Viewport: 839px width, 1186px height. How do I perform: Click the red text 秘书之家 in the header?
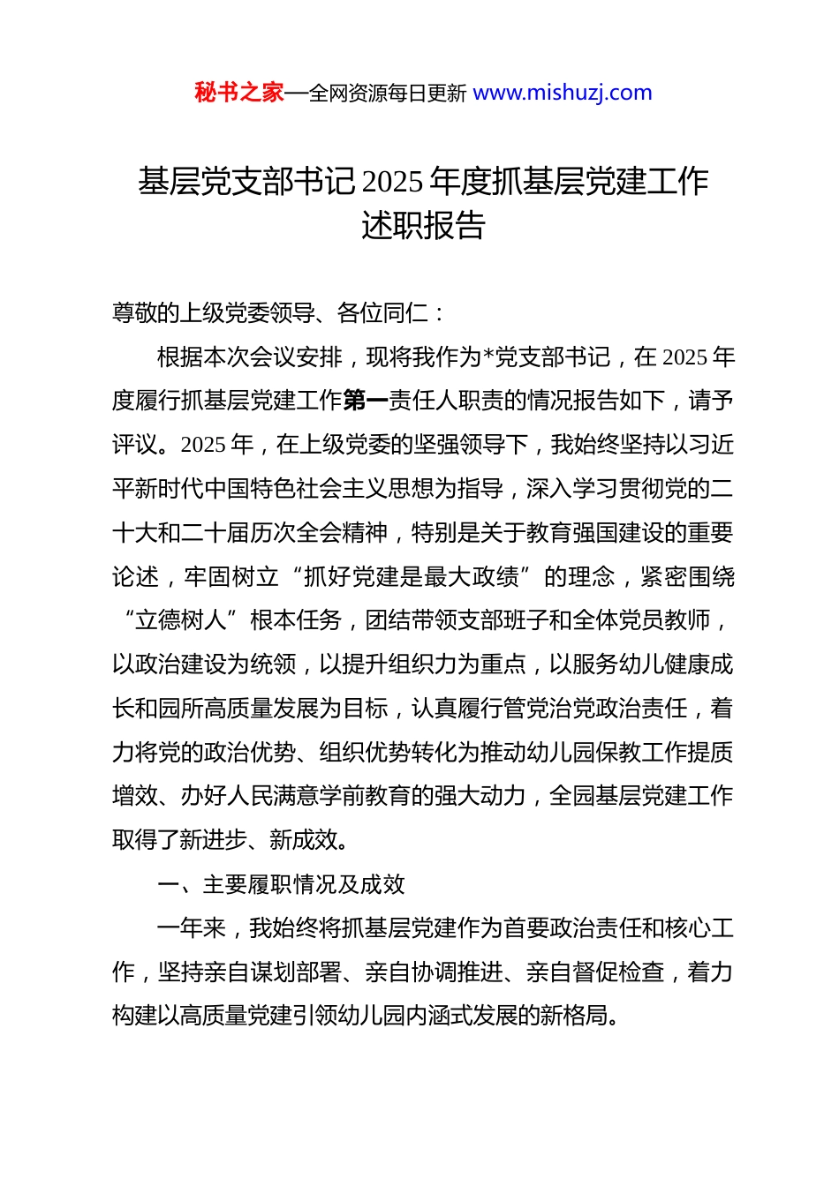pos(238,93)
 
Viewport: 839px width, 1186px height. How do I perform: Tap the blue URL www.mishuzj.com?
pos(563,93)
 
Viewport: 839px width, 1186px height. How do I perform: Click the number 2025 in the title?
pos(392,182)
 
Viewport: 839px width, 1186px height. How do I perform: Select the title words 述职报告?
pos(423,226)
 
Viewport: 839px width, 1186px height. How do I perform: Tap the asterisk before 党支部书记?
pos(489,357)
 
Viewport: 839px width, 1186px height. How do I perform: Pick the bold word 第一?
pos(365,402)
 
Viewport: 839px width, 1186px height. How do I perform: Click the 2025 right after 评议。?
pos(205,445)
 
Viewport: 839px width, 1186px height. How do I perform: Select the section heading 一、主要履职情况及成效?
pos(281,884)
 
